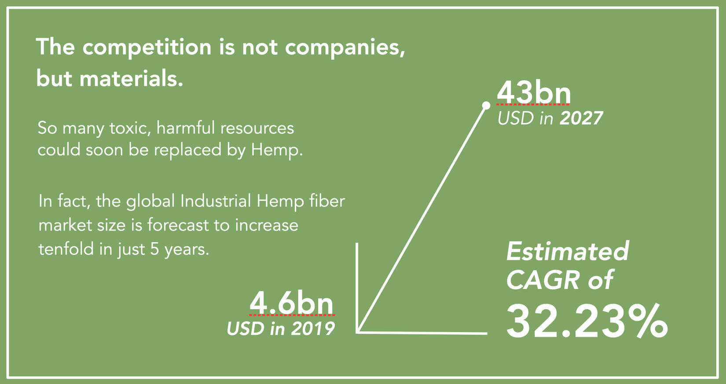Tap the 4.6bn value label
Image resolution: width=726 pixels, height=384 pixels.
click(x=291, y=303)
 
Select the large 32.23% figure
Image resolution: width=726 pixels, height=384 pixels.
click(x=587, y=321)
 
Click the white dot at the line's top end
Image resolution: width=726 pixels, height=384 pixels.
click(x=486, y=105)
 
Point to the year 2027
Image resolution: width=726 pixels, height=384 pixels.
click(x=581, y=118)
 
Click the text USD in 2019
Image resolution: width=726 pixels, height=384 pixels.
click(x=281, y=329)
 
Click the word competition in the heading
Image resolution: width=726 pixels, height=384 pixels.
click(x=147, y=48)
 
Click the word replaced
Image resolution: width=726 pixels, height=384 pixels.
click(x=187, y=150)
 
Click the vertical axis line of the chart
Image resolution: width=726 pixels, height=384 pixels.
click(x=357, y=288)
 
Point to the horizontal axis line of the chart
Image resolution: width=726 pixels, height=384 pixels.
click(x=422, y=332)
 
